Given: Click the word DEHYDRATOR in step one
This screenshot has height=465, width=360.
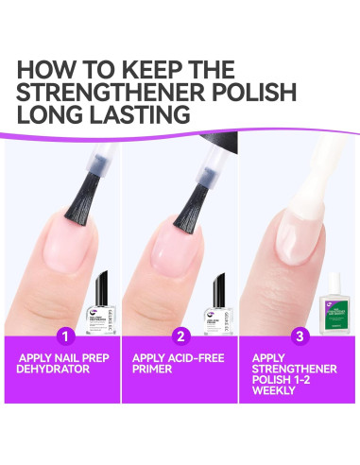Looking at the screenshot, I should tap(60, 370).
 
